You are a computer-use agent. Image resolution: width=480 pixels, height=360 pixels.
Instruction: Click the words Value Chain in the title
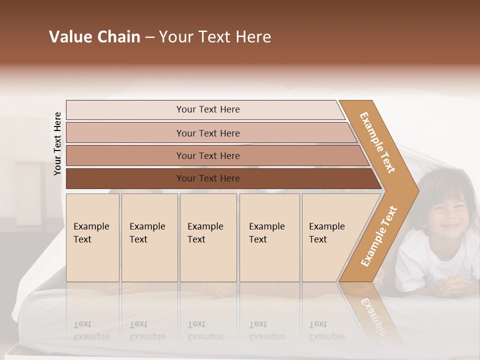click(94, 37)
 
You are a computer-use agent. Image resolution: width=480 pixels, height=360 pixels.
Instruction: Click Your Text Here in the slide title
click(215, 37)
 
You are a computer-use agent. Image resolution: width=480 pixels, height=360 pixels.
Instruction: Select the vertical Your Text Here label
click(57, 143)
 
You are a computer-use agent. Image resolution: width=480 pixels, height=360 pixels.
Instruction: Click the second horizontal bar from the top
click(207, 133)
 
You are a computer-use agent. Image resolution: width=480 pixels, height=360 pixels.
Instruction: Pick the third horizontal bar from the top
click(207, 155)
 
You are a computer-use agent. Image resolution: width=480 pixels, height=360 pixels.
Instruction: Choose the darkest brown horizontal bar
click(207, 178)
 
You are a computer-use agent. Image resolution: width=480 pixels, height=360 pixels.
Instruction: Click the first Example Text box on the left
click(92, 237)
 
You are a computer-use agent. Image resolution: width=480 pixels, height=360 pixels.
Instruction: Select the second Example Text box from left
click(149, 237)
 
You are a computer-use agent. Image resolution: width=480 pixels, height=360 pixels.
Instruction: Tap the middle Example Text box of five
click(208, 237)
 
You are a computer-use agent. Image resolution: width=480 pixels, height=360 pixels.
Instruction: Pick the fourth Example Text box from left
click(269, 237)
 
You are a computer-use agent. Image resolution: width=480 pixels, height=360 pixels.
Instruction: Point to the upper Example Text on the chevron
click(377, 142)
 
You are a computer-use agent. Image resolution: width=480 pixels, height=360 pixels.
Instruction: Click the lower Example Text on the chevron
click(378, 236)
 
